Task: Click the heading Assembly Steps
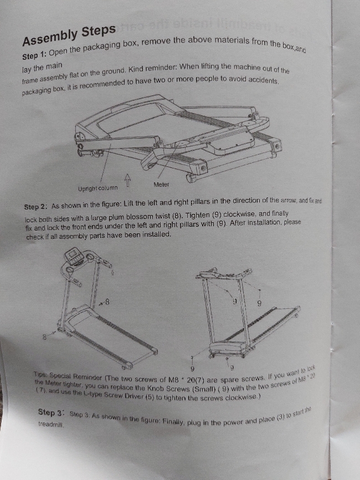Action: click(69, 35)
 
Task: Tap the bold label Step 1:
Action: click(34, 55)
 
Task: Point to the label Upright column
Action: click(98, 188)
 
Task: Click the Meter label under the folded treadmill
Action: click(161, 185)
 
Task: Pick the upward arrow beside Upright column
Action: click(127, 180)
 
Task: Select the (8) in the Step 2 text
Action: click(177, 216)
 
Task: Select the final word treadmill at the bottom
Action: click(51, 425)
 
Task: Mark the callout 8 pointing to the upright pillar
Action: click(104, 303)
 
